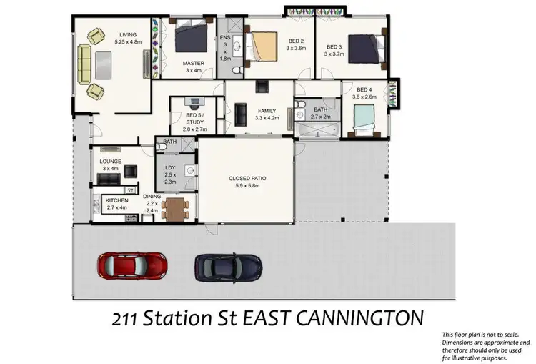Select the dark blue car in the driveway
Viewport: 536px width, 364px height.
pos(228,267)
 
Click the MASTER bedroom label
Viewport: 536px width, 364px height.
pos(194,63)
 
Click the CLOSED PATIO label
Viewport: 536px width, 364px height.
pos(245,178)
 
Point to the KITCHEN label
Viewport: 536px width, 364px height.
pos(116,200)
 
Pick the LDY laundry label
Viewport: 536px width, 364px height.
pos(169,169)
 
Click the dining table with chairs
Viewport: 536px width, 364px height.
pos(176,208)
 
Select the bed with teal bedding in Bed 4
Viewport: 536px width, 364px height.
pos(364,119)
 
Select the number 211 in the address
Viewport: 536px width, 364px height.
pos(127,316)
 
